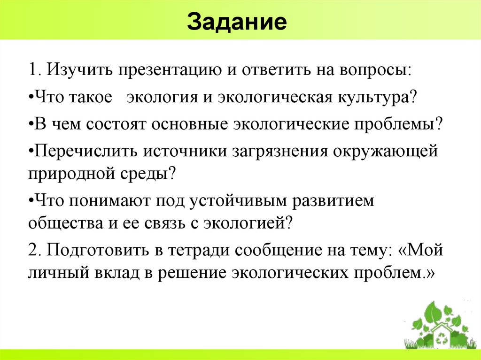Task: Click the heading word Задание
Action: point(237,23)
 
